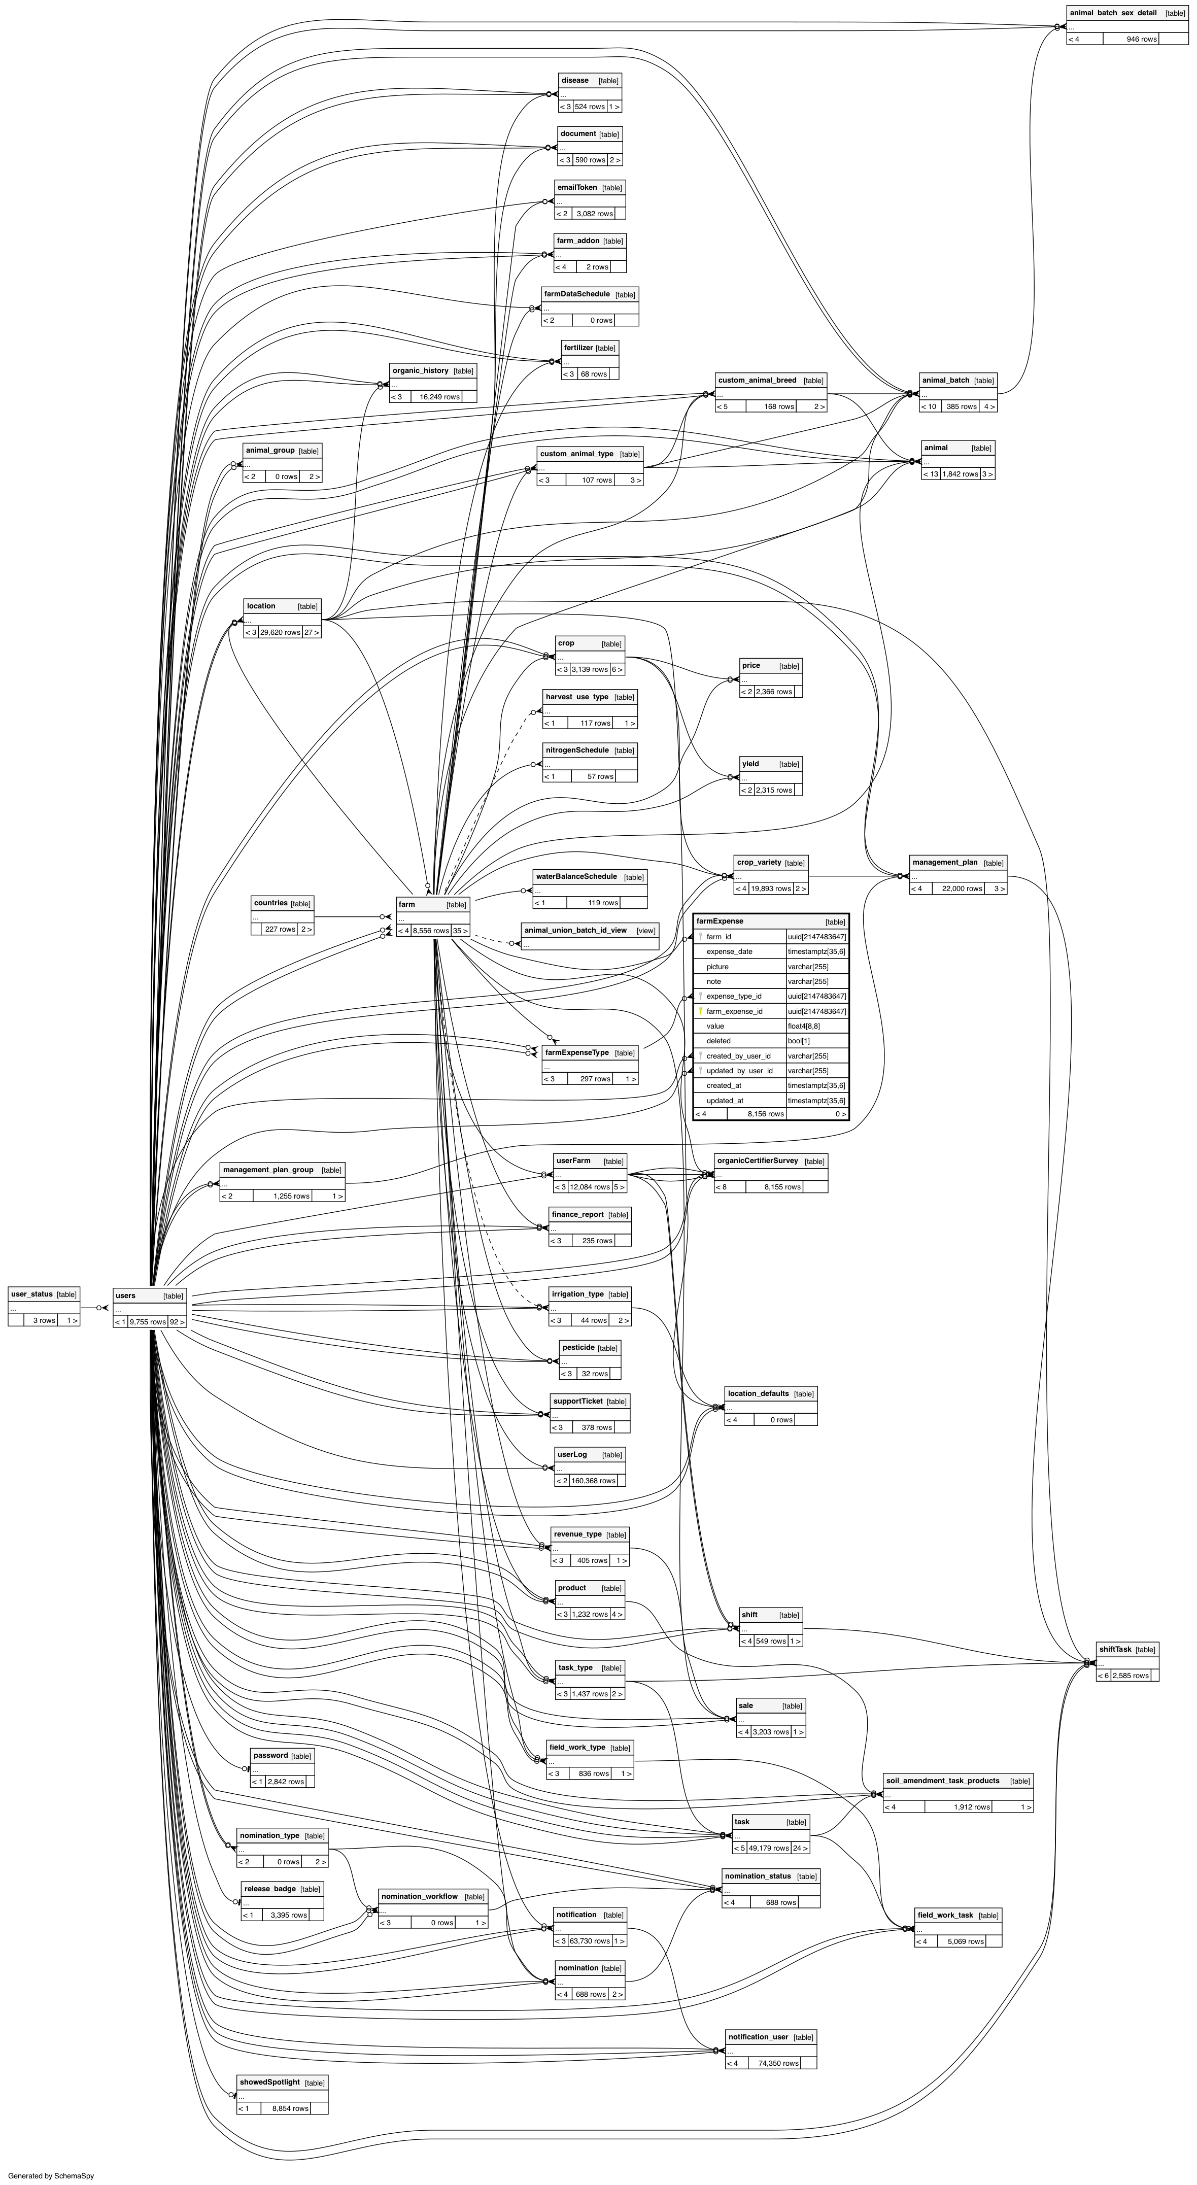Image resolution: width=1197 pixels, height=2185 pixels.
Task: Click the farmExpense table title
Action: click(x=720, y=921)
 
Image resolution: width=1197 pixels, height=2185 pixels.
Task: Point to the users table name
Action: click(x=125, y=1295)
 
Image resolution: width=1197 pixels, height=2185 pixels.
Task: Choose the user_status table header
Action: click(x=31, y=1294)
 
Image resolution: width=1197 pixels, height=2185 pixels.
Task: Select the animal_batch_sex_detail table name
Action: click(x=1112, y=13)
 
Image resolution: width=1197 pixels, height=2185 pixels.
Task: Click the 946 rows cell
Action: click(x=1141, y=39)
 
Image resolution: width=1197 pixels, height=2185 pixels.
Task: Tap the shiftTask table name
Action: click(x=1115, y=1649)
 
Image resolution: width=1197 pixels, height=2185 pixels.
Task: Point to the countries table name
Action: click(x=270, y=903)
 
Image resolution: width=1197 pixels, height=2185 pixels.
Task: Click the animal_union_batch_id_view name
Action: click(x=575, y=931)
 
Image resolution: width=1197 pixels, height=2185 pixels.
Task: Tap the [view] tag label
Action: click(x=645, y=931)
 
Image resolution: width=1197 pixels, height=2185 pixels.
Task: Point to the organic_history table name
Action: click(x=420, y=370)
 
